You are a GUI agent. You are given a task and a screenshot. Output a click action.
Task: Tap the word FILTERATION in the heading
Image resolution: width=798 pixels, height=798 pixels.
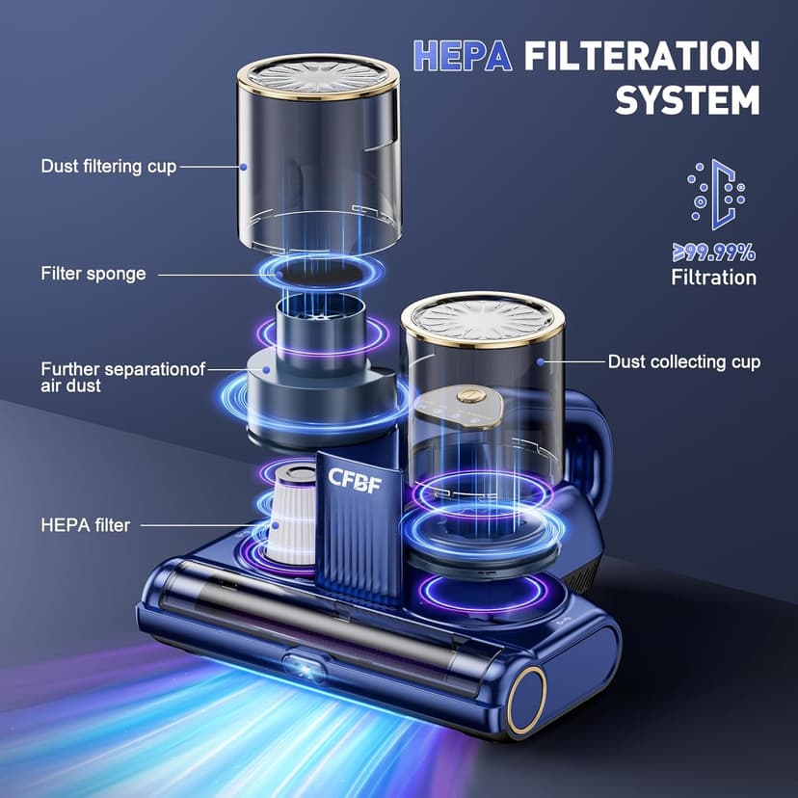click(x=641, y=56)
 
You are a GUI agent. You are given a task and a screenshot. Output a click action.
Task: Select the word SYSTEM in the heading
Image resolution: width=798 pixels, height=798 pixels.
click(x=686, y=99)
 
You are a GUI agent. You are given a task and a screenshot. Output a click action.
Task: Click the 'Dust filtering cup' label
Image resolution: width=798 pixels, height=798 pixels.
click(x=109, y=167)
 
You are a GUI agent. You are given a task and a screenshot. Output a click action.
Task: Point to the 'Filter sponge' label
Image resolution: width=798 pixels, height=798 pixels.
click(x=93, y=274)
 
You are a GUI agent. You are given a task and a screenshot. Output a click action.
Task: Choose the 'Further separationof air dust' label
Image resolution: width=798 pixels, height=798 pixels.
click(x=122, y=377)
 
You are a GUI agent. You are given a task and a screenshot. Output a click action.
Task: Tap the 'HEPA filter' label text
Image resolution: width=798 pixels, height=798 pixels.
click(x=85, y=525)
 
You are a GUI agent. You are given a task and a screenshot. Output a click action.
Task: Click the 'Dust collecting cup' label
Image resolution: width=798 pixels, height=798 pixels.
click(x=683, y=362)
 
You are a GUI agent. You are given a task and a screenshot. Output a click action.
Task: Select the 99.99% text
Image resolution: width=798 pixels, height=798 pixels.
click(x=714, y=253)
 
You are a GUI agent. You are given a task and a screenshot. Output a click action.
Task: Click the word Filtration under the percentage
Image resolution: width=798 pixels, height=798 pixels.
click(x=714, y=279)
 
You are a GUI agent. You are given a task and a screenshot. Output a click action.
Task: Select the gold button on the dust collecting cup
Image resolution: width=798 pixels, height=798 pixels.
click(x=470, y=396)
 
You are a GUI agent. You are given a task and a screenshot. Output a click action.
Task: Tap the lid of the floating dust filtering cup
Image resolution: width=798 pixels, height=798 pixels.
click(x=317, y=78)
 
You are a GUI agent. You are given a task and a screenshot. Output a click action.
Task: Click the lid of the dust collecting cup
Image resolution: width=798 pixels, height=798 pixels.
click(x=482, y=318)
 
